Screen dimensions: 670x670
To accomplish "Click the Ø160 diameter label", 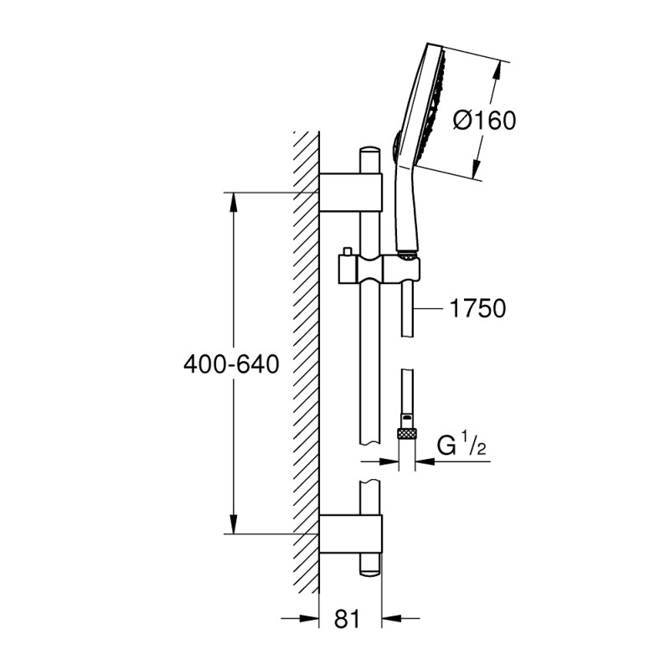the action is [485, 121].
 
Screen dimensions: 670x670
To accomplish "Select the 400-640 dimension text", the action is [231, 365].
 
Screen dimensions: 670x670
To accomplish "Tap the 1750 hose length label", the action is [477, 308].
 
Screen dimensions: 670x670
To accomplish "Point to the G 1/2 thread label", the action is [461, 446].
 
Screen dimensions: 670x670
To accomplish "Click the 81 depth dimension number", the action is [348, 618].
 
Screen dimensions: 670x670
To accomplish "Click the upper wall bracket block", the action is [351, 193].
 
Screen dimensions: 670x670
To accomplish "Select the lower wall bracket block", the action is [351, 533].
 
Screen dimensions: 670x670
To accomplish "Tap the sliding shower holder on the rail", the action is [379, 268].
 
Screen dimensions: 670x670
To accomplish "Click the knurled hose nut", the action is [407, 433].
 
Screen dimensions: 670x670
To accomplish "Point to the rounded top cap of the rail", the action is [370, 152].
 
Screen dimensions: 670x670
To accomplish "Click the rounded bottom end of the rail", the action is [370, 571].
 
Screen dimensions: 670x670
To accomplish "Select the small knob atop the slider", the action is [347, 251].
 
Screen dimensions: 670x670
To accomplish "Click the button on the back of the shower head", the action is [395, 145].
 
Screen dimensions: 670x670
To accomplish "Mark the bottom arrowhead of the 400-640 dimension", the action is [234, 524].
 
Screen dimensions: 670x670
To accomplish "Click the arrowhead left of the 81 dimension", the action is [309, 618].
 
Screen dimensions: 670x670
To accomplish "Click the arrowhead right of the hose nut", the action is [425, 461].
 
